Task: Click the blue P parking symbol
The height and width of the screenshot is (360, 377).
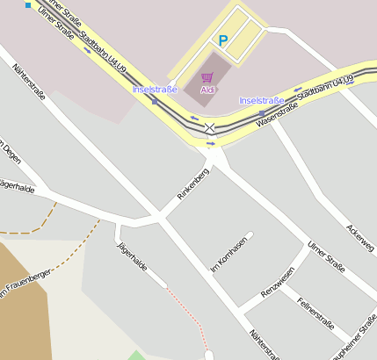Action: [x=222, y=40]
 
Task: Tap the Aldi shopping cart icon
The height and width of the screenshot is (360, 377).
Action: [x=207, y=77]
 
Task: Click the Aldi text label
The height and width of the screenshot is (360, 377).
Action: [x=208, y=90]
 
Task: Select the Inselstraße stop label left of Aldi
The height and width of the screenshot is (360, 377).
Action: [x=155, y=90]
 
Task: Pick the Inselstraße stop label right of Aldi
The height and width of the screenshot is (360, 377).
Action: [x=262, y=101]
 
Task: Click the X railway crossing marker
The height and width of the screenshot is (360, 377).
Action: [x=210, y=128]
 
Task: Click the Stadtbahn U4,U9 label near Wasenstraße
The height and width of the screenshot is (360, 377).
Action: [x=324, y=89]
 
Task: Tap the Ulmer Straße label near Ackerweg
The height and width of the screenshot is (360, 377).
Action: [x=326, y=256]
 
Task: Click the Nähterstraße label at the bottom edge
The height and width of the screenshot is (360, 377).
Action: [x=264, y=345]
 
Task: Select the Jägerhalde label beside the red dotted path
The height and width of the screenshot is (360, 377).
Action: [x=131, y=256]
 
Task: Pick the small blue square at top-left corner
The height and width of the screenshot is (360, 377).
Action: [x=28, y=5]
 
